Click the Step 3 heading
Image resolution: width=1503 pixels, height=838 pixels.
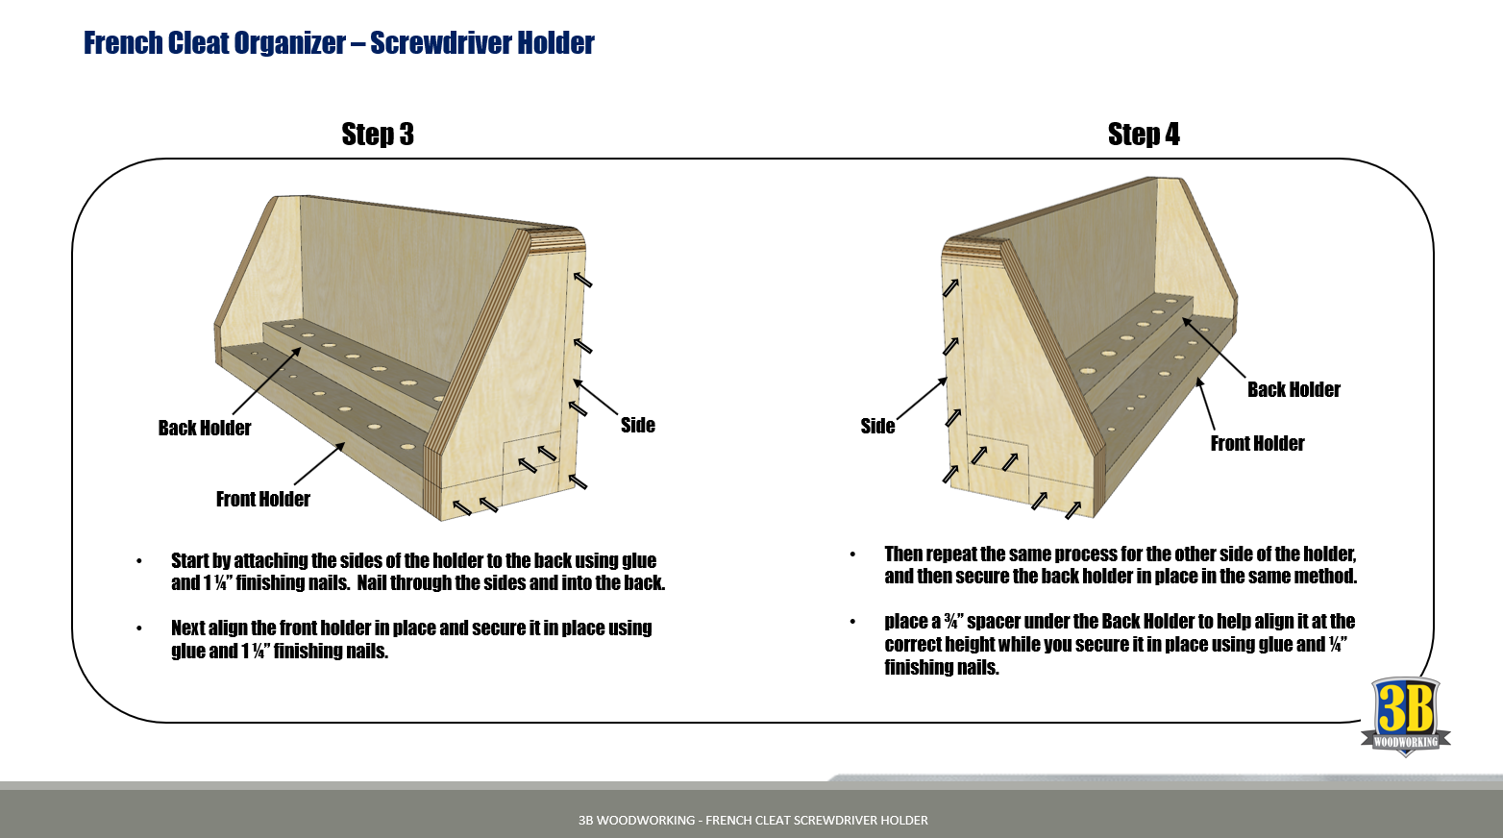click(x=378, y=135)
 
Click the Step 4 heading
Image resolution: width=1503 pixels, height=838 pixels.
click(x=1144, y=135)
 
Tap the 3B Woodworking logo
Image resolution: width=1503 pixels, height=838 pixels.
click(x=1405, y=717)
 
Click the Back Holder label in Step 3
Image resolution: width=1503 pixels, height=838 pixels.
click(x=205, y=429)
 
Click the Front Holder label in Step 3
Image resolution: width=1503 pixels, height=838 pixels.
click(x=263, y=500)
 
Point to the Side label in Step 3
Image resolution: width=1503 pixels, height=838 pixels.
click(x=638, y=426)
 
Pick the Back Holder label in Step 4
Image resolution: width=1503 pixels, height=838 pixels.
click(x=1294, y=390)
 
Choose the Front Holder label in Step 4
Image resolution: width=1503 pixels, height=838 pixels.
click(x=1257, y=444)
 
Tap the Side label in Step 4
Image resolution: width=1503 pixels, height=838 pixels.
click(x=877, y=427)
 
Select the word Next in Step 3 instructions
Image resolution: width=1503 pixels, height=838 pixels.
click(x=187, y=628)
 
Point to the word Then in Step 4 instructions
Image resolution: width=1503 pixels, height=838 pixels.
click(x=902, y=555)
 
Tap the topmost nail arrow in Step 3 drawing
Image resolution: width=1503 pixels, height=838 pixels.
click(x=583, y=280)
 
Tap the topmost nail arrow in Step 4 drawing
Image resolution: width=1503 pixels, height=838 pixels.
click(x=950, y=287)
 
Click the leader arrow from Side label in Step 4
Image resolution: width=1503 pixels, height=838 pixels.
click(x=923, y=399)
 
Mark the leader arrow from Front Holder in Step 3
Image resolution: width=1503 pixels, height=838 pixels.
click(x=319, y=464)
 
